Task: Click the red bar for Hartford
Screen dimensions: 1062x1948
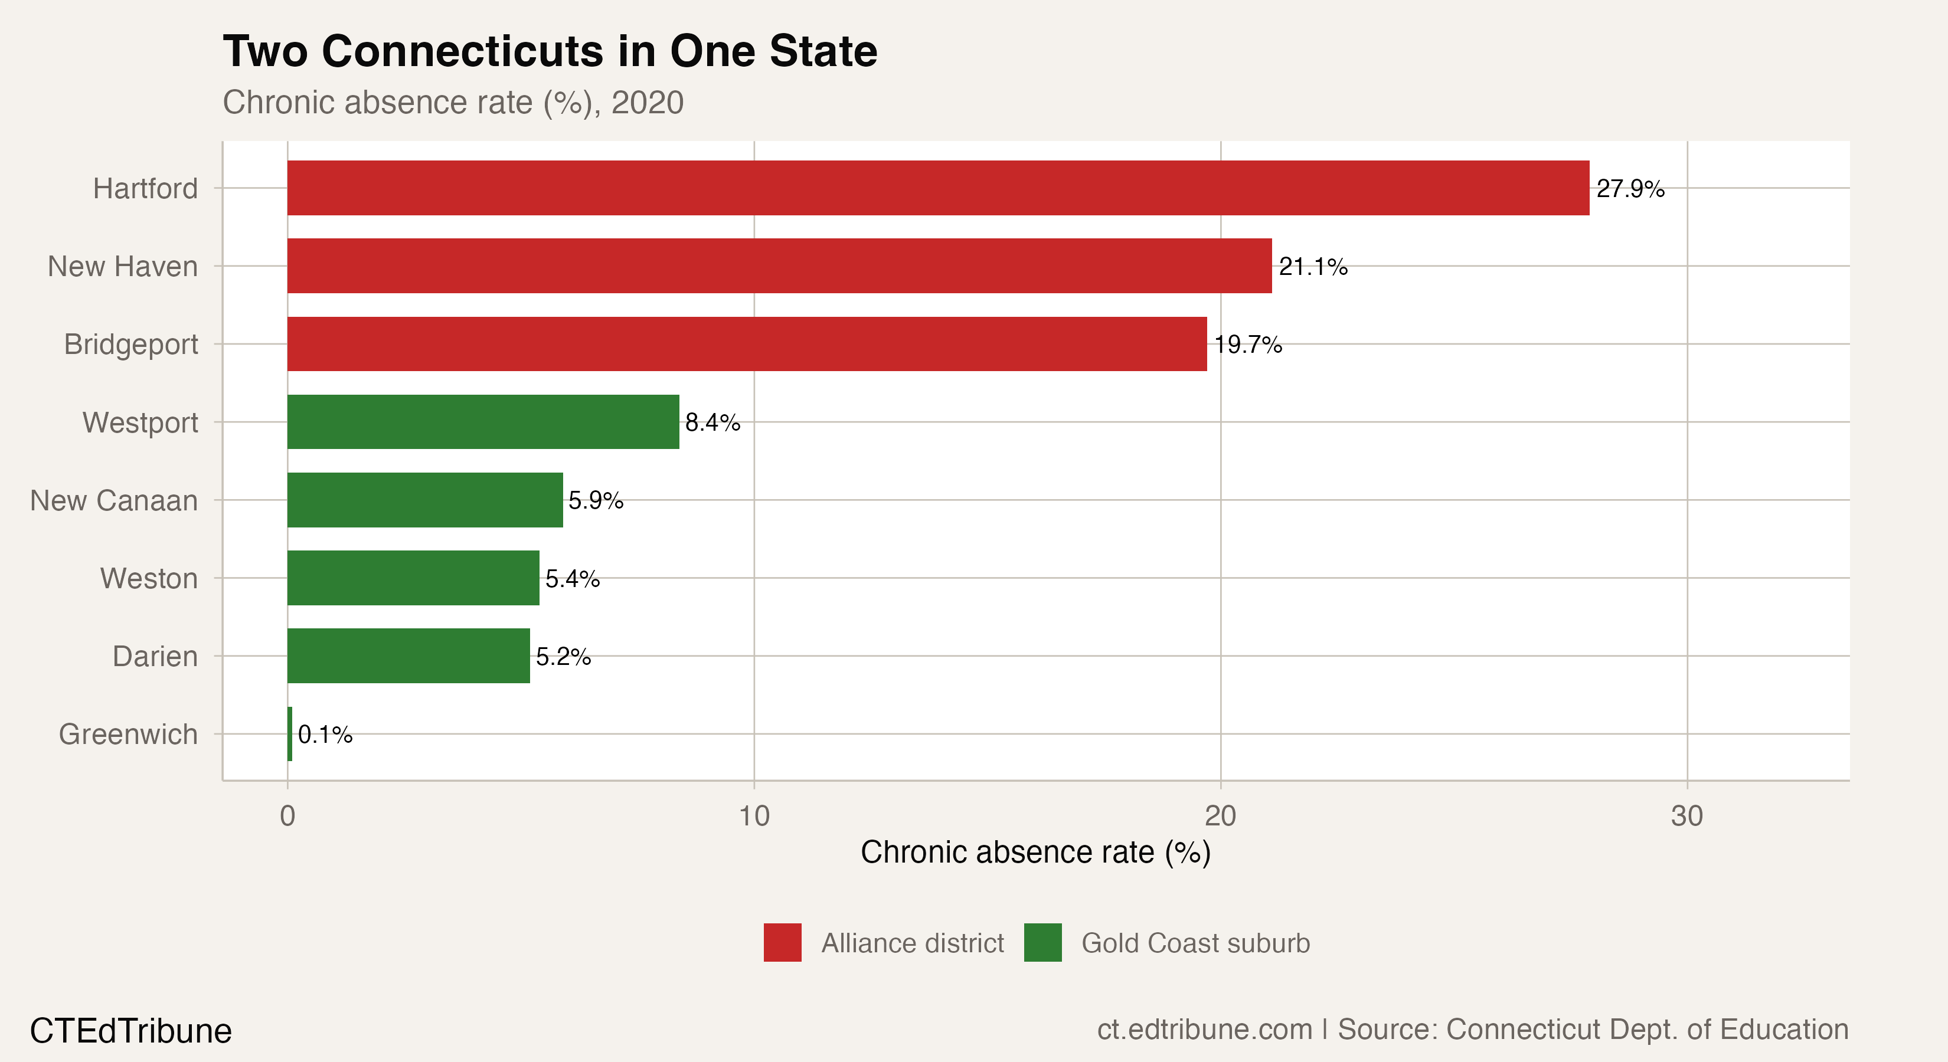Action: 938,188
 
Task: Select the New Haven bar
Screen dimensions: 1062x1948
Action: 779,266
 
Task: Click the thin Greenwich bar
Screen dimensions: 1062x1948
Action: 290,734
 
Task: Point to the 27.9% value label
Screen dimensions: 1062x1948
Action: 1630,188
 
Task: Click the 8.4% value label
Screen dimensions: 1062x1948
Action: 712,422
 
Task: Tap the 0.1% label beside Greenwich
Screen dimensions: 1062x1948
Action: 325,735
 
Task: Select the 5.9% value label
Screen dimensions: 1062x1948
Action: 596,500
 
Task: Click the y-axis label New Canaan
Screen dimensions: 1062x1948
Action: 113,500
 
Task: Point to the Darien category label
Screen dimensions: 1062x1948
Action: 155,656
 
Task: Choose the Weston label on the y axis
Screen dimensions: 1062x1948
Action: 149,578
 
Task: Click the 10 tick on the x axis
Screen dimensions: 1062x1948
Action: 754,815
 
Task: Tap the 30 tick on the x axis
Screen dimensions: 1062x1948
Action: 1687,815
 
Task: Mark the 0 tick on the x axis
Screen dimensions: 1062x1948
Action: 287,815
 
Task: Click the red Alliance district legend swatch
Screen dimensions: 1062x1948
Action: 782,943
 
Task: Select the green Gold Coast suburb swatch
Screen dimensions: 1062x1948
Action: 1042,943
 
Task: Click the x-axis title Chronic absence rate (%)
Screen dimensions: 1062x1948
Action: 1035,852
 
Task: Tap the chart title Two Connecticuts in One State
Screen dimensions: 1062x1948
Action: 550,51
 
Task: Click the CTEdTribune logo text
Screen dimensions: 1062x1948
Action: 131,1031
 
